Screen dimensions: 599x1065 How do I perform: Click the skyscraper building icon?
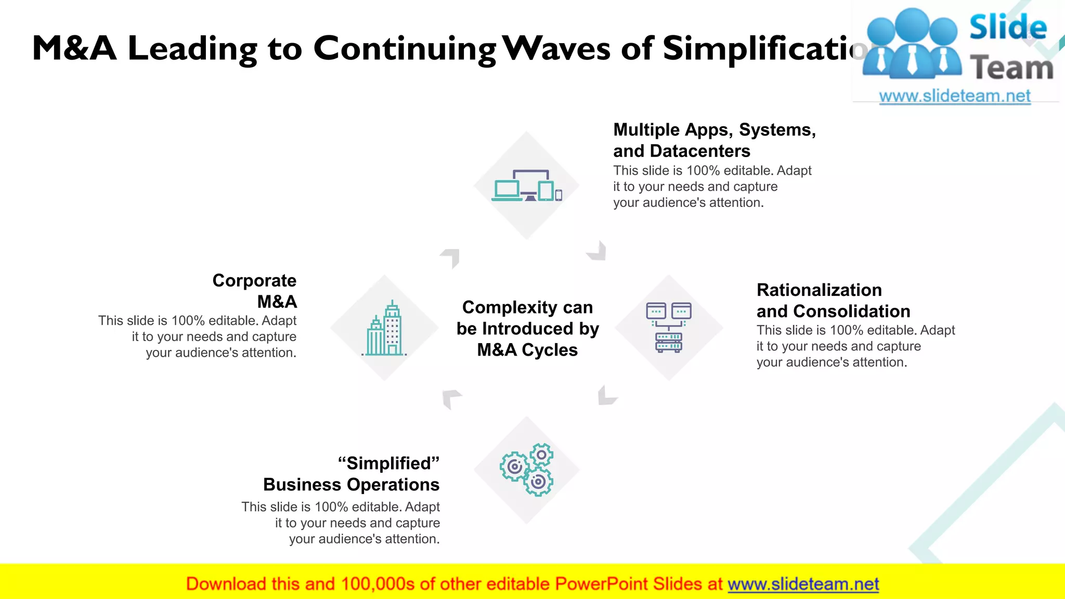pos(385,329)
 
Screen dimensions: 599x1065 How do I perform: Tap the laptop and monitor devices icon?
pos(527,186)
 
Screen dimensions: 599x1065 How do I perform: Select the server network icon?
pos(669,328)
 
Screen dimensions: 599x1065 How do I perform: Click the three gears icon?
pos(527,470)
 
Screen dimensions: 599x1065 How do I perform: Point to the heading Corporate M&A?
pos(255,291)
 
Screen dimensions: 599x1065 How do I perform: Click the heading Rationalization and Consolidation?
pos(833,301)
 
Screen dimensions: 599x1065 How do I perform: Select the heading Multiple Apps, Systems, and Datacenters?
pos(714,140)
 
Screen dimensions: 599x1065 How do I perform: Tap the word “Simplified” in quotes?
pos(388,463)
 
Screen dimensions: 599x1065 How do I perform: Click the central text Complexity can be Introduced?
pos(527,328)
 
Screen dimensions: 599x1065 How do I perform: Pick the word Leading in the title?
pos(192,49)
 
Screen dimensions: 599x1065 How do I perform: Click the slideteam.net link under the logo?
pos(954,96)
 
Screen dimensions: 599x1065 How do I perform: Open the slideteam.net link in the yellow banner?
pos(803,584)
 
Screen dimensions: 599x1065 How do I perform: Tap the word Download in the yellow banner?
pos(226,584)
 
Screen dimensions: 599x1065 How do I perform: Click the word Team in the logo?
pos(1011,68)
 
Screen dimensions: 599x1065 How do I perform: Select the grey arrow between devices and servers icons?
pos(598,251)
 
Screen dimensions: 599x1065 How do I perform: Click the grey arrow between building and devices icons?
pos(451,257)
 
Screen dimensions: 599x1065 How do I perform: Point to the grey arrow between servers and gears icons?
pos(606,396)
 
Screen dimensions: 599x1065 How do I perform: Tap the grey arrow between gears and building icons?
pos(450,398)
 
